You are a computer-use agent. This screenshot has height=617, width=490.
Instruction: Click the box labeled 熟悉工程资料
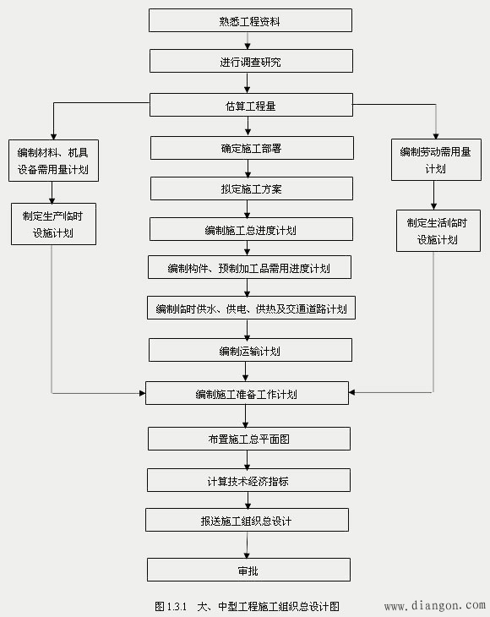click(250, 21)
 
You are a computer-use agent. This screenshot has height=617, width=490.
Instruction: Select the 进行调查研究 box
click(250, 62)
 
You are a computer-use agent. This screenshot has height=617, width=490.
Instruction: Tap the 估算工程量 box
click(250, 105)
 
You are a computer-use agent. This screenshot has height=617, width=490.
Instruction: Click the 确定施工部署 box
click(250, 148)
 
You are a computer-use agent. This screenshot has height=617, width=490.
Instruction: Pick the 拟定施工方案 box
click(250, 188)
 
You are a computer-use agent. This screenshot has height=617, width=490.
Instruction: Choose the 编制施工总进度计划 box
click(250, 229)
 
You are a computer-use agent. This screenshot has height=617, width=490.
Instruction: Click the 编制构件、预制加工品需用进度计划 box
click(248, 268)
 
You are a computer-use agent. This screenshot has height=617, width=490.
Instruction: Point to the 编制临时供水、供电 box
click(251, 308)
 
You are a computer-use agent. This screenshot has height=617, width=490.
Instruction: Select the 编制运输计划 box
click(250, 350)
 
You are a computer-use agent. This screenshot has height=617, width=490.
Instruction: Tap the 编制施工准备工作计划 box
click(247, 393)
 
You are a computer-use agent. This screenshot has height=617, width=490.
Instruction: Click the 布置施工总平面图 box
click(248, 439)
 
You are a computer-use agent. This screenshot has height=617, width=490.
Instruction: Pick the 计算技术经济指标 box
click(248, 480)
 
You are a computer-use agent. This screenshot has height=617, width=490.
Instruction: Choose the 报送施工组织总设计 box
click(247, 520)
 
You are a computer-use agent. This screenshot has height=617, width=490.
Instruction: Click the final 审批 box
click(248, 570)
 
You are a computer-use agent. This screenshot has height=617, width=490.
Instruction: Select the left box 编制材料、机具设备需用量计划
click(52, 161)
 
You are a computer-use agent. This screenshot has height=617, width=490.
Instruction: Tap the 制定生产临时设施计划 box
click(53, 223)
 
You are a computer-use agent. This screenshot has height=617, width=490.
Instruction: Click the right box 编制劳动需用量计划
click(434, 160)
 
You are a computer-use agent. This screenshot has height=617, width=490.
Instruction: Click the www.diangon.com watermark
click(434, 606)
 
